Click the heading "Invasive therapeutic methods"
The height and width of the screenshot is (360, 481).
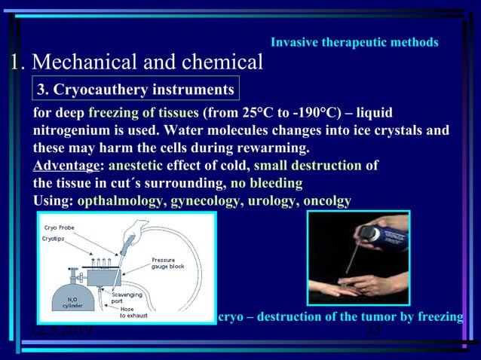(x=354, y=42)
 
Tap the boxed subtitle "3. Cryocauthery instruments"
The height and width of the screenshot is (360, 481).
(x=136, y=90)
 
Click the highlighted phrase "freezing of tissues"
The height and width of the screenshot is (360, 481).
(x=144, y=114)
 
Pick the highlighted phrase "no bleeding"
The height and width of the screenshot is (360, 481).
(x=266, y=183)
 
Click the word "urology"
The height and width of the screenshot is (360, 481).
(x=272, y=200)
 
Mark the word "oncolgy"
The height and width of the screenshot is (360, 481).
(x=327, y=200)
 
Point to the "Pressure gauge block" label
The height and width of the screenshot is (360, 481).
(x=167, y=263)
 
